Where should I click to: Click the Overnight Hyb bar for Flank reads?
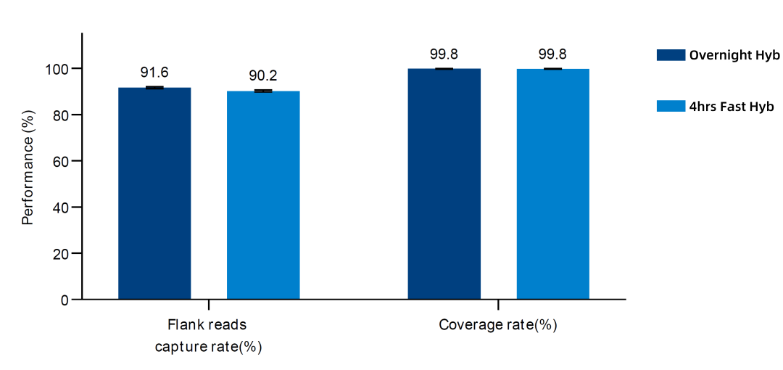154,194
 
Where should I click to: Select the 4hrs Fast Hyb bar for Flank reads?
263,195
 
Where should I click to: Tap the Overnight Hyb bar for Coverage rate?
444,184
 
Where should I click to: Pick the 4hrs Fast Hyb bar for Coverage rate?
552,184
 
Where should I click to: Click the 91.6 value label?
154,73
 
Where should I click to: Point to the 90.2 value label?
264,76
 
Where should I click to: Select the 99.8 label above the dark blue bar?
444,54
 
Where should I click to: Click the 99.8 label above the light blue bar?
552,54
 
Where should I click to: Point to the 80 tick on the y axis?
62,115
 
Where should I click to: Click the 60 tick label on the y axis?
62,161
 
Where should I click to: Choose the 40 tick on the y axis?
62,207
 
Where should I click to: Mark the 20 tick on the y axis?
62,253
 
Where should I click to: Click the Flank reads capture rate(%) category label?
208,336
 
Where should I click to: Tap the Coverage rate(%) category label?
498,325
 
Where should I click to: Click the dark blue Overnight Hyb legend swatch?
671,55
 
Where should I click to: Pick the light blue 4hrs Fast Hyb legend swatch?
671,106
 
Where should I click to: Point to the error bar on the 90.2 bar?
263,91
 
